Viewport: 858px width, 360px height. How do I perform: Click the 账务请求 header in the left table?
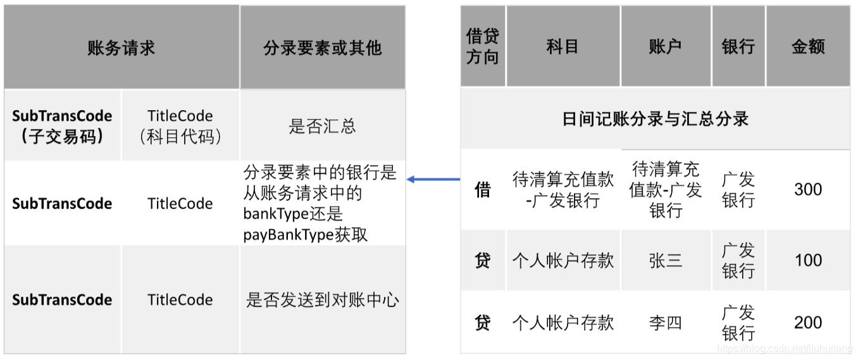(x=121, y=48)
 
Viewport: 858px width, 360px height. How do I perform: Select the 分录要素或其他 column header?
(x=322, y=48)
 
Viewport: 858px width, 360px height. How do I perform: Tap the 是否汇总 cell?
(x=322, y=125)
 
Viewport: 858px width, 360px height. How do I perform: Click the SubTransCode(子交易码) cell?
(x=62, y=125)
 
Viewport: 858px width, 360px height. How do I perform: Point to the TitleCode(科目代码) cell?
(x=180, y=125)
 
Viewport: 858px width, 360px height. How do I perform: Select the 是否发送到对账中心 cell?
(x=322, y=300)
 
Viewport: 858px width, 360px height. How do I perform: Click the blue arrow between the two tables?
(x=433, y=180)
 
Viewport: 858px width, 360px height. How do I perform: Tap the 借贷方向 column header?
(x=483, y=47)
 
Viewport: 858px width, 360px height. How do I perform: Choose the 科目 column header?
(x=563, y=47)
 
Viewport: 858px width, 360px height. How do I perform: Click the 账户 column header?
(x=665, y=47)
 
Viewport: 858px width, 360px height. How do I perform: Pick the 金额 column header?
(x=808, y=47)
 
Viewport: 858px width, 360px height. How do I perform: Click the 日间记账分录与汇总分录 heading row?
(x=655, y=119)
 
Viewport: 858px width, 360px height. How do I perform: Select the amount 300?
(x=808, y=189)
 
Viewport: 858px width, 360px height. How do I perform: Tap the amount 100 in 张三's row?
(x=808, y=260)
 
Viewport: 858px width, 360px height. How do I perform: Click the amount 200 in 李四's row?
(x=808, y=323)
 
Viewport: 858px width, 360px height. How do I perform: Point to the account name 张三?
(x=665, y=260)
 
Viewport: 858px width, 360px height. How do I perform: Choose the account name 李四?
(x=665, y=323)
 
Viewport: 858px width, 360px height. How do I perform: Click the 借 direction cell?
(x=483, y=189)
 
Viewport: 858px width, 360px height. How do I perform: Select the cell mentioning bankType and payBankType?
(x=322, y=203)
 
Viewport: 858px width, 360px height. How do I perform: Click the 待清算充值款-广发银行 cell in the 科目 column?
(x=563, y=189)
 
